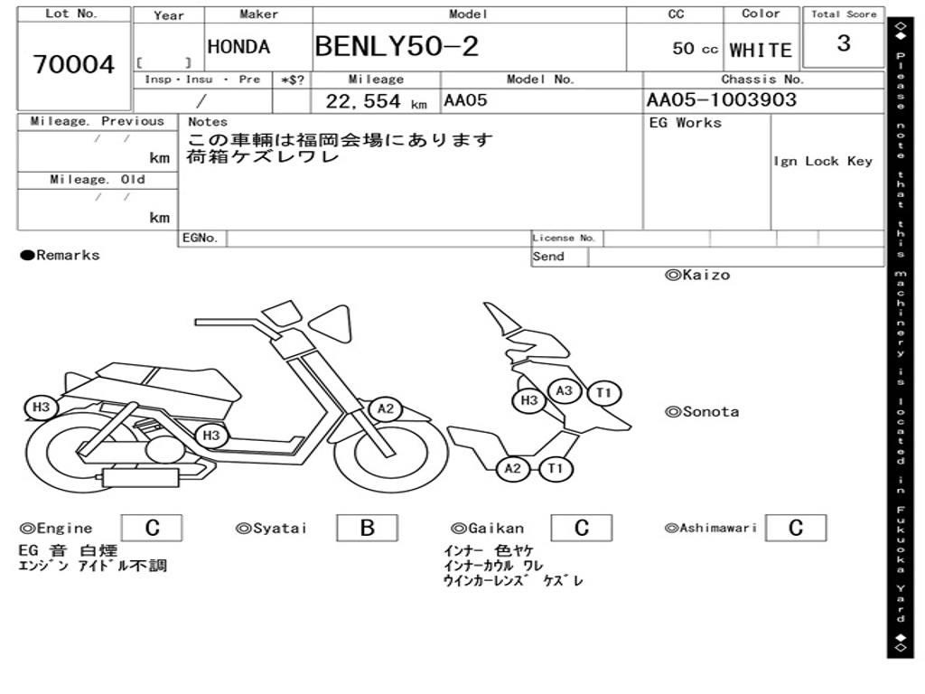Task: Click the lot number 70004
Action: point(74,65)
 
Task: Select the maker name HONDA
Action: point(238,47)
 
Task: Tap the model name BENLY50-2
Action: point(397,46)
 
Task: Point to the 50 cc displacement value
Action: point(695,49)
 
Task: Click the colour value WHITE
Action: point(761,51)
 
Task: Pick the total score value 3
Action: point(844,43)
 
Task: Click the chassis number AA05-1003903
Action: point(722,100)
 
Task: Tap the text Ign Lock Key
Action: point(823,161)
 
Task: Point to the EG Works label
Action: point(686,123)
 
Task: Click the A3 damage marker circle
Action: point(565,390)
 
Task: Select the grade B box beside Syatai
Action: point(367,528)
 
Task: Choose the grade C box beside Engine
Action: point(152,528)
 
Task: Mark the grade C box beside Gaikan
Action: point(582,528)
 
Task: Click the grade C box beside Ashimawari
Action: point(795,528)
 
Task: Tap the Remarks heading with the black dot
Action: point(61,256)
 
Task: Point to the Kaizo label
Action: point(697,275)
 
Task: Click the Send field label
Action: point(548,257)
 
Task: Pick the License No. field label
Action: point(565,239)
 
